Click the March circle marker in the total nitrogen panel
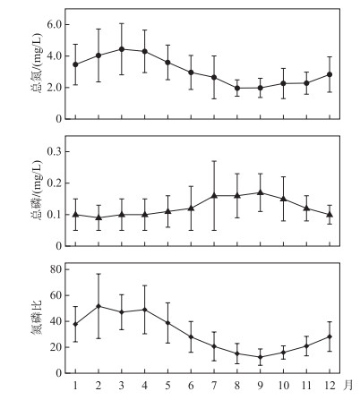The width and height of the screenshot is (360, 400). point(122,49)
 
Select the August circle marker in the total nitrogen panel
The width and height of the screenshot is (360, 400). point(237,88)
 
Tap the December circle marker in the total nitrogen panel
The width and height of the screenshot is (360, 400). point(330,74)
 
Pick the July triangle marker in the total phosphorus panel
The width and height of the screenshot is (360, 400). point(214,195)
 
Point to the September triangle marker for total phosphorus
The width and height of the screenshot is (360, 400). point(261,192)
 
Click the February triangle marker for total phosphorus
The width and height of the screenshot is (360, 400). point(99,217)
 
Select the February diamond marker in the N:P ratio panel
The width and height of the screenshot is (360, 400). point(99,306)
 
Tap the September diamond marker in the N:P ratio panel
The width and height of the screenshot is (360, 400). point(261,357)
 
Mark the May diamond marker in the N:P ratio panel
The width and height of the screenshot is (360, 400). point(167,323)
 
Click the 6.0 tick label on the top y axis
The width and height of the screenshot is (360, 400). point(54,24)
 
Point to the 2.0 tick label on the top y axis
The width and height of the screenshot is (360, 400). point(54,88)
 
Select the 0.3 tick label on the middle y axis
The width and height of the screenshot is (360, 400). point(54,151)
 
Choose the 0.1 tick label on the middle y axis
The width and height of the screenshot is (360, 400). point(54,215)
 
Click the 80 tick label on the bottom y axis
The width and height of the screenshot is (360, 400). point(56,269)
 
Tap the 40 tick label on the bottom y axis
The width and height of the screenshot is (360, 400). point(56,321)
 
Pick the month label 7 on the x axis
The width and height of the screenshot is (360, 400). point(214,386)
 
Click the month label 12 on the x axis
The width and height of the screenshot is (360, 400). point(330,386)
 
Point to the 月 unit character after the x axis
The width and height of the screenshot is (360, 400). point(348,386)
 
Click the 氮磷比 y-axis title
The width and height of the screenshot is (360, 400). point(37,318)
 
